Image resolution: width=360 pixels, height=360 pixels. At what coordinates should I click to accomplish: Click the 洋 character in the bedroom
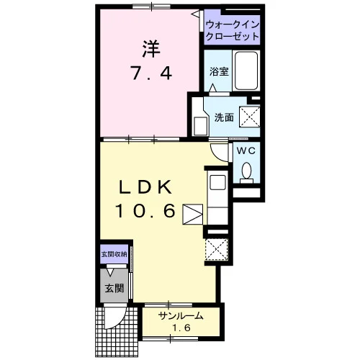[x=151, y=49]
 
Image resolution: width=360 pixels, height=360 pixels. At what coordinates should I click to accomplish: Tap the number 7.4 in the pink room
[x=151, y=73]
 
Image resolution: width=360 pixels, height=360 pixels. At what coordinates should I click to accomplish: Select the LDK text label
[x=146, y=187]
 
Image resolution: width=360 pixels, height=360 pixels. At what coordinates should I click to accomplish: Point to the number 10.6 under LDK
[x=145, y=210]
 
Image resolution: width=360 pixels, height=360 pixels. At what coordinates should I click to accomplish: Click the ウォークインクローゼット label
[x=233, y=30]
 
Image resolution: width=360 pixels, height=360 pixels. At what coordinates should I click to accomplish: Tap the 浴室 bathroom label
[x=219, y=71]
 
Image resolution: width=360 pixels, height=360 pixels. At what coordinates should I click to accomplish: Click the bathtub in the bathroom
[x=246, y=71]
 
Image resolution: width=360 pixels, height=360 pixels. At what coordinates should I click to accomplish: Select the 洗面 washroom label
[x=224, y=117]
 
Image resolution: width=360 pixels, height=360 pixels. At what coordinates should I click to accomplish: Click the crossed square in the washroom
[x=250, y=117]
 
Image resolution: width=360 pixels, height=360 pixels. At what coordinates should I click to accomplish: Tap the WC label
[x=246, y=151]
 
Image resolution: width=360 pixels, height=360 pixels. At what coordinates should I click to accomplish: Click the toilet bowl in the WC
[x=246, y=170]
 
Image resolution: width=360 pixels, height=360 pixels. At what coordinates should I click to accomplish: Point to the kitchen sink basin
[x=217, y=182]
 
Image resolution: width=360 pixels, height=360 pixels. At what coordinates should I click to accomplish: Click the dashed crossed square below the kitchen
[x=217, y=249]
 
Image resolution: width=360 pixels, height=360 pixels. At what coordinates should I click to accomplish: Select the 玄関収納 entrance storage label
[x=114, y=254]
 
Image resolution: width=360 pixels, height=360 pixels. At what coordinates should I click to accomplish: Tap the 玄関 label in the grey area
[x=114, y=288]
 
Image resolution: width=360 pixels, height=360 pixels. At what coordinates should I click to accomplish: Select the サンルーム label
[x=181, y=316]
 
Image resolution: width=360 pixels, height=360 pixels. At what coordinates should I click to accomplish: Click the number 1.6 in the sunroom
[x=181, y=328]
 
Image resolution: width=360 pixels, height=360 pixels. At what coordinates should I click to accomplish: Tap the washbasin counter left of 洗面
[x=201, y=117]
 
